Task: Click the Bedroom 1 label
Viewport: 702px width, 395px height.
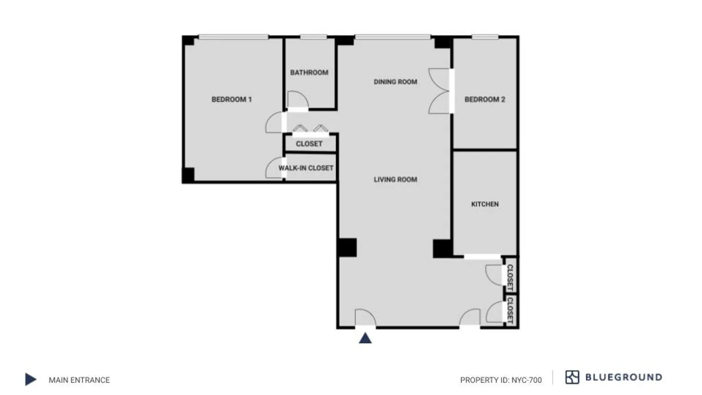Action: [x=231, y=99]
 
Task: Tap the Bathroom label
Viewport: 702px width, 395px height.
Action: [x=309, y=73]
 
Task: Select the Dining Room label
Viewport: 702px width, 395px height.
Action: [x=395, y=82]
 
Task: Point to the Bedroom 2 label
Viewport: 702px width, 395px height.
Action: [x=484, y=99]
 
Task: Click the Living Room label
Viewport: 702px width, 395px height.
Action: [x=395, y=179]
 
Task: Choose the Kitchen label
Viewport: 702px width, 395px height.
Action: [x=484, y=204]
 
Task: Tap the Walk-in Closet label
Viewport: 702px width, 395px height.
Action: [x=306, y=168]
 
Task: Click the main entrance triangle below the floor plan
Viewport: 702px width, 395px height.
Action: [x=365, y=338]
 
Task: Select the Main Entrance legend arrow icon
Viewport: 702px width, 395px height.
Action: [x=30, y=379]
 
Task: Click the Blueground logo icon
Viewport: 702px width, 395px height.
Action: [x=572, y=377]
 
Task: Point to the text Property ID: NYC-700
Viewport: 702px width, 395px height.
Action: [x=501, y=380]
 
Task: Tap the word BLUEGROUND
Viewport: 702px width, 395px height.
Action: [x=623, y=377]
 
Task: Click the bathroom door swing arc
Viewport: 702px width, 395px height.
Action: [x=297, y=99]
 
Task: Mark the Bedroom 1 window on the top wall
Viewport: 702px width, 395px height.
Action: [x=233, y=36]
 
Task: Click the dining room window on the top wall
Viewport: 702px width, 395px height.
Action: [x=393, y=36]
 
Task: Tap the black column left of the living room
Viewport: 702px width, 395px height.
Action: [x=347, y=248]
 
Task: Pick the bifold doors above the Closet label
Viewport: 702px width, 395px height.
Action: [x=310, y=129]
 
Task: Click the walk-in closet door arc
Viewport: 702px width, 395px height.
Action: [x=274, y=169]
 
